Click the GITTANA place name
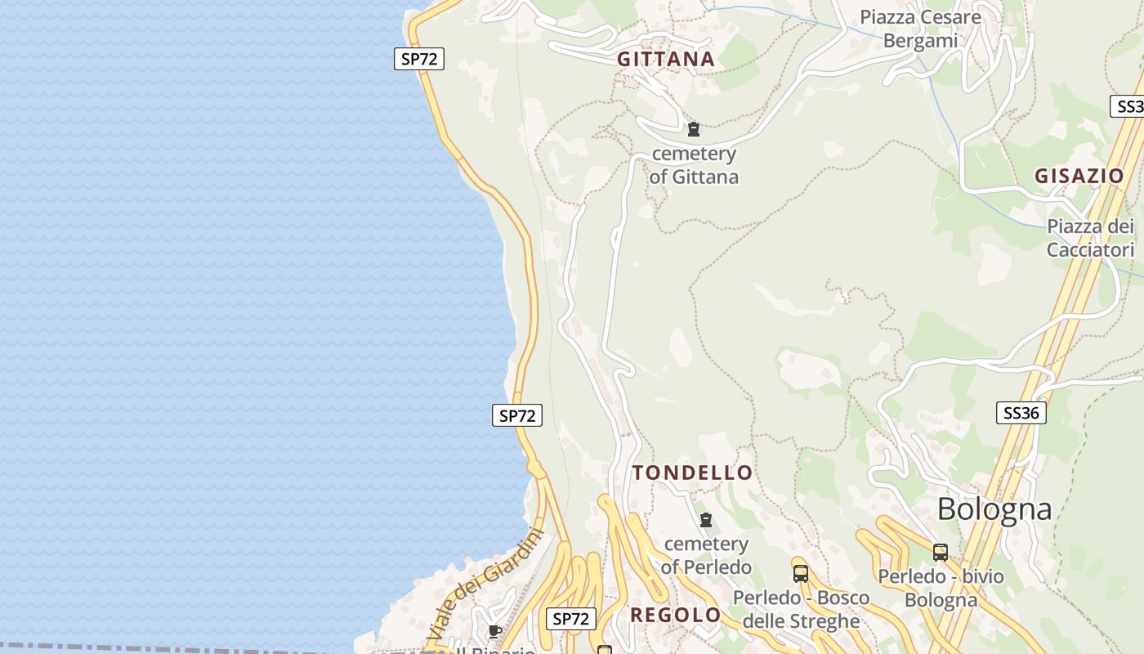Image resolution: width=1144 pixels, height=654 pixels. tap(666, 59)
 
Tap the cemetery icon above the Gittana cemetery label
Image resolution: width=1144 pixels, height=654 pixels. tap(694, 128)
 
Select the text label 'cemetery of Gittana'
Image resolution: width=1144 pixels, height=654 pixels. tap(694, 165)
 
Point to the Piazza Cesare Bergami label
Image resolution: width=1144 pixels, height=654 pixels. tap(920, 29)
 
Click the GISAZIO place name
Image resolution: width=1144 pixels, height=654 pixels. tap(1079, 176)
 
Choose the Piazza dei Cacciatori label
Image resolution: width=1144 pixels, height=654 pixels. tap(1091, 238)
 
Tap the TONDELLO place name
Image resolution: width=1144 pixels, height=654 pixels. tap(692, 473)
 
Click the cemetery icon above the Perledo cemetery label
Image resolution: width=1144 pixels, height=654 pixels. tap(706, 519)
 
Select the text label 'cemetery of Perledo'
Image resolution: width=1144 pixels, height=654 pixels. tap(706, 555)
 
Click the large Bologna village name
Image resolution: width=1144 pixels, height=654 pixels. tap(994, 508)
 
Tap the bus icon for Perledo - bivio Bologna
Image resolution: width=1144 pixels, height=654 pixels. tap(941, 552)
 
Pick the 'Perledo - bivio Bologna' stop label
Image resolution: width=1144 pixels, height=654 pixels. tap(941, 588)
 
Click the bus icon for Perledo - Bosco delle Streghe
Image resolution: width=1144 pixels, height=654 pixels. tap(800, 573)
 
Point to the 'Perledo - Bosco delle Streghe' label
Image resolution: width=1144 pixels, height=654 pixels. tap(800, 609)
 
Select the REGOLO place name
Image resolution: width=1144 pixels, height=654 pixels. tap(675, 615)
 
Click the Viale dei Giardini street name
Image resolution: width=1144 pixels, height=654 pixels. tap(485, 584)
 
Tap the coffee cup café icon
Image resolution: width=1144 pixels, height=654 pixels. tap(494, 630)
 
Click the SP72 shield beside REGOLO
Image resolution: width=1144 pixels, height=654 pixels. tap(571, 619)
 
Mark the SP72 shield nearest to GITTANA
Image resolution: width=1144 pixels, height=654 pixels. tap(419, 59)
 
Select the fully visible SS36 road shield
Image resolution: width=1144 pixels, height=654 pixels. tap(1021, 413)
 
